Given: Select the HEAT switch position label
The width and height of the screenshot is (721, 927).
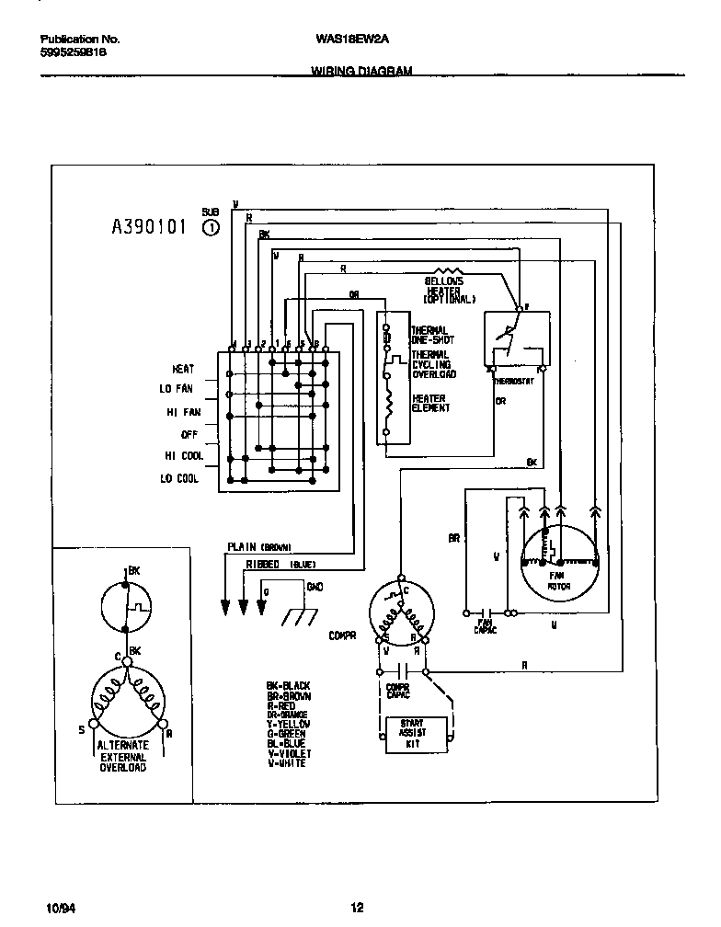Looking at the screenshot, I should pyautogui.click(x=183, y=367).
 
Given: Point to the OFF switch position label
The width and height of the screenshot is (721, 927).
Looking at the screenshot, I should pyautogui.click(x=190, y=434).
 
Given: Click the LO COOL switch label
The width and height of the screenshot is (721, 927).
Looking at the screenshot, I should pyautogui.click(x=179, y=479).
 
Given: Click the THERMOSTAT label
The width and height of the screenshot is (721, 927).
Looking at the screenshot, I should pyautogui.click(x=513, y=380).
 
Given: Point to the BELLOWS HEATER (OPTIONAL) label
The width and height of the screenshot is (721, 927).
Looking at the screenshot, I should pyautogui.click(x=450, y=290).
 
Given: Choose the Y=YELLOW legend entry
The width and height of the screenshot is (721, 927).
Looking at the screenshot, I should pyautogui.click(x=288, y=724).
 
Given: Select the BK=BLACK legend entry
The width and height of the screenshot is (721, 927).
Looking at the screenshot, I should pyautogui.click(x=288, y=685).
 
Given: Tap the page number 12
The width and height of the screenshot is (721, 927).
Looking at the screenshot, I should pyautogui.click(x=358, y=908).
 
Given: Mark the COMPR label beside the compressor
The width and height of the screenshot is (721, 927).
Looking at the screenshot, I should pyautogui.click(x=342, y=634).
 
